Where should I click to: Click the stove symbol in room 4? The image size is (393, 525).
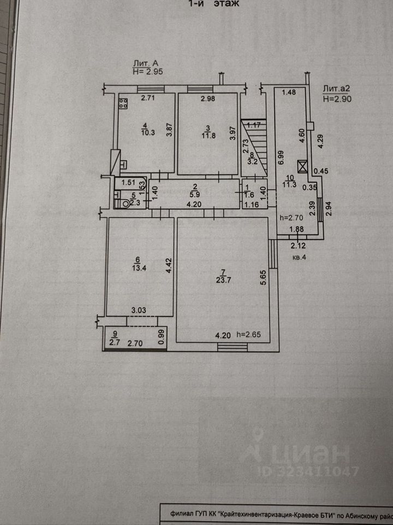click(x=123, y=103)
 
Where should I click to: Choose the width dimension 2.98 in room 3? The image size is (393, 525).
click(x=207, y=98)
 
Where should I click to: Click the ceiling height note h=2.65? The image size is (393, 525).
click(x=249, y=335)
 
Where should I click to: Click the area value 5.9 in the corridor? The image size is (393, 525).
click(x=193, y=193)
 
